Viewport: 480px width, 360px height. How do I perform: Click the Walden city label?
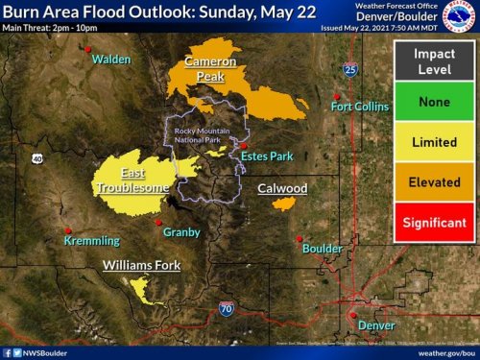111,60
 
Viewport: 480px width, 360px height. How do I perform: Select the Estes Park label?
266,155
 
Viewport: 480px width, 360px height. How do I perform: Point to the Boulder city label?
322,249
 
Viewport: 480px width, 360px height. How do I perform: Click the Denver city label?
375,325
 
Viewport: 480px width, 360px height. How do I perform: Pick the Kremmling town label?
91,241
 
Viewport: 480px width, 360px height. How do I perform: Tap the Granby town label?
181,232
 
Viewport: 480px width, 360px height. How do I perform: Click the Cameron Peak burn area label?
209,68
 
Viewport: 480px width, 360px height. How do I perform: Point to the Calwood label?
282,189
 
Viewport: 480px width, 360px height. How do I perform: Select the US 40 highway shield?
36,158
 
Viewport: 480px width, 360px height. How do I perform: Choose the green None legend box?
434,101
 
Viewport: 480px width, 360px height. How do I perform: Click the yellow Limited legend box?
434,141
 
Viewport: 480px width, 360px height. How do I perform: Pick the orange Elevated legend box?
434,182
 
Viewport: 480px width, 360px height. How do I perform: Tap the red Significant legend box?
434,223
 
